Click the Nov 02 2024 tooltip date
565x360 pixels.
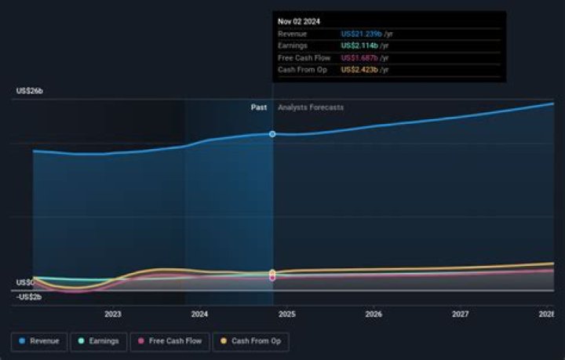(x=298, y=21)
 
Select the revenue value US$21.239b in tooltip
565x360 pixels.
(x=362, y=35)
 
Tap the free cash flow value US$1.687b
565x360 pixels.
(x=360, y=58)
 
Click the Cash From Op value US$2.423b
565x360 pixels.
(x=361, y=70)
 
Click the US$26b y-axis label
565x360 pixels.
(x=30, y=92)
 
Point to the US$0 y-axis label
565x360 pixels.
(x=24, y=282)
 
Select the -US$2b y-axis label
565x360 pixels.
(x=28, y=296)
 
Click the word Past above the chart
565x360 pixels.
(x=259, y=107)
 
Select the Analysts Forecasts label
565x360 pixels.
(x=311, y=107)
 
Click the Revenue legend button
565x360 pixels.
(x=38, y=341)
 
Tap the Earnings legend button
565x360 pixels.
(x=99, y=341)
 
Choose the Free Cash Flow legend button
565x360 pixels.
(x=169, y=341)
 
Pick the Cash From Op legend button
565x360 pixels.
(x=250, y=341)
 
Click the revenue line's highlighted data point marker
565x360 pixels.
(x=272, y=134)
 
